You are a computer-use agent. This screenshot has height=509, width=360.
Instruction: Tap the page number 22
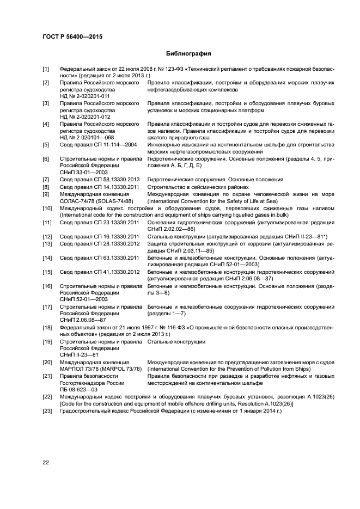(46, 462)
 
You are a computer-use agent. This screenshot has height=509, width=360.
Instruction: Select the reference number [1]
(46, 69)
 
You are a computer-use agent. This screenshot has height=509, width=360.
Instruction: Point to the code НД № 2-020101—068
(86, 138)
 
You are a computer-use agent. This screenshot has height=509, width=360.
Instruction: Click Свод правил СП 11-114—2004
(93, 145)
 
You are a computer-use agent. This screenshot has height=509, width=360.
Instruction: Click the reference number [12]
(47, 236)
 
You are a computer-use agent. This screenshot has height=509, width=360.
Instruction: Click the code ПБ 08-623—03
(78, 389)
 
